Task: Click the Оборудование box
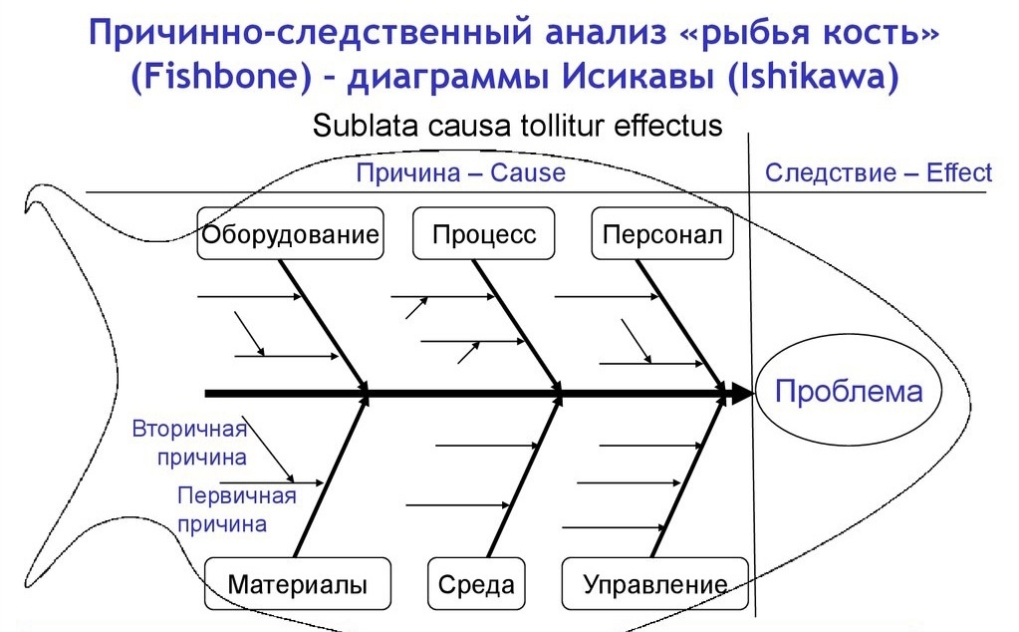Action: pyautogui.click(x=290, y=234)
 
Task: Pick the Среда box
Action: pyautogui.click(x=476, y=584)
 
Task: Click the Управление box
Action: pyautogui.click(x=653, y=584)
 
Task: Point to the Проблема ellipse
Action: pyautogui.click(x=849, y=392)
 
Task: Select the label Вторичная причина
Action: pyautogui.click(x=189, y=444)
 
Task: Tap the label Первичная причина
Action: pyautogui.click(x=236, y=509)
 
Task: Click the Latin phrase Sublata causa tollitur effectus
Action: pyautogui.click(x=517, y=127)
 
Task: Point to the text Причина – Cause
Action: pyautogui.click(x=460, y=173)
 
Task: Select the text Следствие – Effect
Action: pyautogui.click(x=878, y=173)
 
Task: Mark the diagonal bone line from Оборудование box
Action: pyautogui.click(x=324, y=326)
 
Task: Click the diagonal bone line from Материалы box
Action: pyautogui.click(x=331, y=477)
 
